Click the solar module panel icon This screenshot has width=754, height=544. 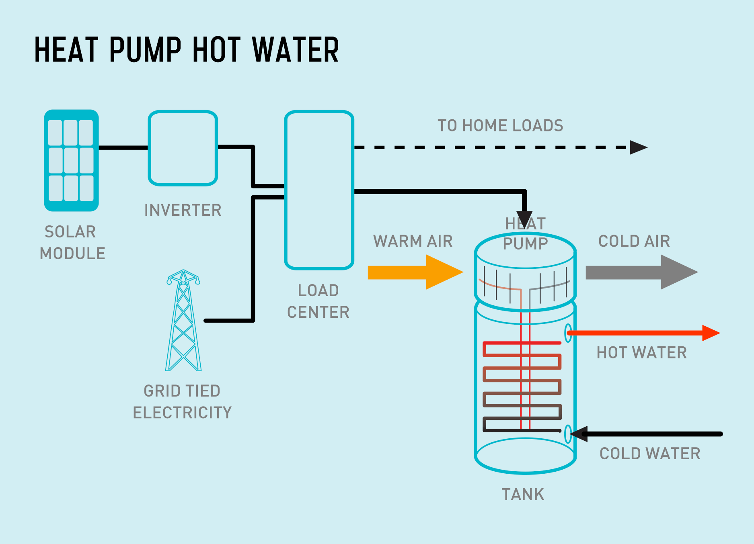pos(71,160)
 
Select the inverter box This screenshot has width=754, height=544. pos(183,148)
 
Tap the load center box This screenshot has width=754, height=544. pos(319,190)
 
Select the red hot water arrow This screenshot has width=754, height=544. pos(643,333)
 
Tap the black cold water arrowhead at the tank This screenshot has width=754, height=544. pos(579,434)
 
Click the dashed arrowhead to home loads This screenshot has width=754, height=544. pos(638,147)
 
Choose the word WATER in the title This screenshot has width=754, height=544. pos(296,50)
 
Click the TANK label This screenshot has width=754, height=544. pos(523,494)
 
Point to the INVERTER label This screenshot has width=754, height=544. pos(183,210)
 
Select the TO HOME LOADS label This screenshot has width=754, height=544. pos(500,125)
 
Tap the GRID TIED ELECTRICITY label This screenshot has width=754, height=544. pos(182,402)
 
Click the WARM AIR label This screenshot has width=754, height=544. pos(413,241)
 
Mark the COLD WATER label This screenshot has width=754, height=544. pos(650,454)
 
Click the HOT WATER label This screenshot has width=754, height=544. pos(641,352)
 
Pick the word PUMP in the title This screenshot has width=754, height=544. pos(145,50)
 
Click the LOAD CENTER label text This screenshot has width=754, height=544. pos(318,301)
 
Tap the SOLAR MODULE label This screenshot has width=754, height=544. pos(72,243)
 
